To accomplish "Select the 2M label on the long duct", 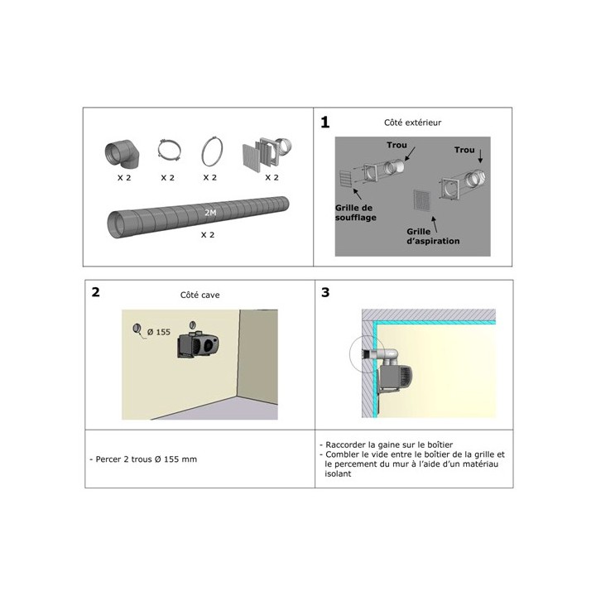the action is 210,213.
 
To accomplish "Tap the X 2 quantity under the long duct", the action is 208,235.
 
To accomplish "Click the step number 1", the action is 325,123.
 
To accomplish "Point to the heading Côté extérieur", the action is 413,123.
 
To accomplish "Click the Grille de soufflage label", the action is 356,213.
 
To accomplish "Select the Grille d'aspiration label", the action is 433,236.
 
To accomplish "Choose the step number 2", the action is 96,292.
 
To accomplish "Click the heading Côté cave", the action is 200,295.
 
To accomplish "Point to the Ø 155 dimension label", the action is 158,332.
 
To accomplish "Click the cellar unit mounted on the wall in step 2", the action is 198,344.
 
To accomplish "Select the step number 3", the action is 325,292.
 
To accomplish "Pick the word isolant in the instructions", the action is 338,474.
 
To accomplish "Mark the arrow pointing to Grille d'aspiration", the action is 434,224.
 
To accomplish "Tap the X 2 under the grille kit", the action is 272,177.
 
